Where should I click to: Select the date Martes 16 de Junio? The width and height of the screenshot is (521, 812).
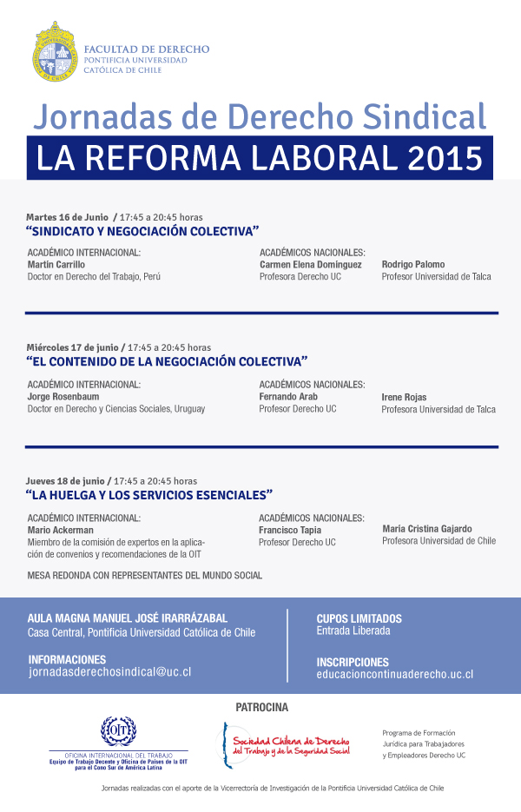coord(67,216)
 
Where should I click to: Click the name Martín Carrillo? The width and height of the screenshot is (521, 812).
coord(56,264)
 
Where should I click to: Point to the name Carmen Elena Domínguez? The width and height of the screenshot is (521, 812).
coord(310,264)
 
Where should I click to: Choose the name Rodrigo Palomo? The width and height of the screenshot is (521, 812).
coord(413,264)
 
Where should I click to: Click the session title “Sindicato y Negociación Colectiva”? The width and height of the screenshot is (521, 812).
coord(142,231)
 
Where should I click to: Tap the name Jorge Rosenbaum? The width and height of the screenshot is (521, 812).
coord(63,397)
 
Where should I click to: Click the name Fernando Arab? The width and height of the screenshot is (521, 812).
coord(288,396)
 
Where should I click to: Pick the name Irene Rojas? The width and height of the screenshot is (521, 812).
coord(405,397)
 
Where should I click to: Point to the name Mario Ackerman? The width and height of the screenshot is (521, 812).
coord(61,530)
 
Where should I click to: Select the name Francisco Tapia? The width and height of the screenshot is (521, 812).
coord(290,530)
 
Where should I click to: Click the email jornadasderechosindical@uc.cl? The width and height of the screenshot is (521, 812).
coord(110,672)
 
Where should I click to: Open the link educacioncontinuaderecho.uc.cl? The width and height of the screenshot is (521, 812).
coord(394,674)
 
